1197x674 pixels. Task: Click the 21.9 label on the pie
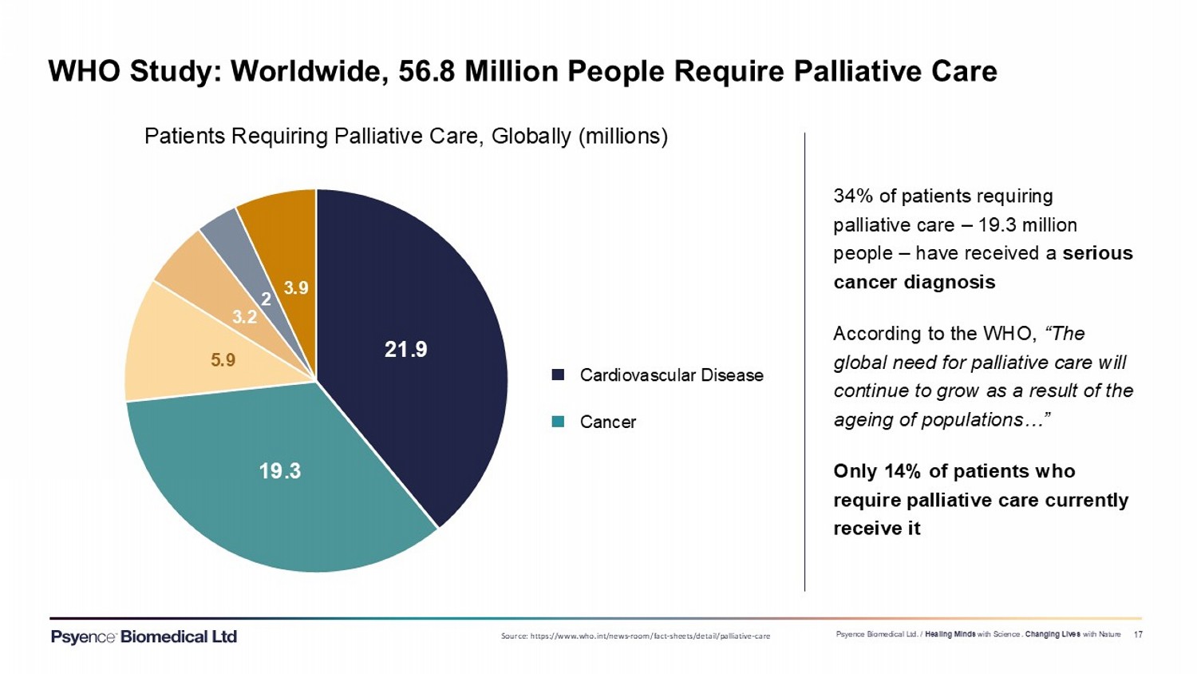[x=406, y=349]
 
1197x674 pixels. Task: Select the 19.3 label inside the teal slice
[x=279, y=470]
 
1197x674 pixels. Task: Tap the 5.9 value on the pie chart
[x=223, y=360]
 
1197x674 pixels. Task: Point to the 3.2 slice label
[x=244, y=317]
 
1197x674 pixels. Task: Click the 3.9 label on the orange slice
[x=296, y=287]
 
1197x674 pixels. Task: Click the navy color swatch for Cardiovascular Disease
[x=559, y=375]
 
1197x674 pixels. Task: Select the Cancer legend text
[x=608, y=422]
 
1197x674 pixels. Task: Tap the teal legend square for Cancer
[x=559, y=422]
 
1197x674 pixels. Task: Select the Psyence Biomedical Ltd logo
[x=144, y=636]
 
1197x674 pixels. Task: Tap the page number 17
[x=1138, y=635]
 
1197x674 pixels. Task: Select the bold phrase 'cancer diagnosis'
[x=914, y=282]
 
